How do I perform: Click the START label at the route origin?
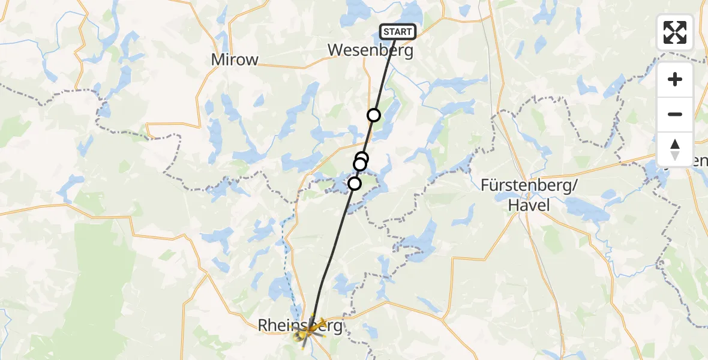point(397,32)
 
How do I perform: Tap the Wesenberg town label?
point(370,51)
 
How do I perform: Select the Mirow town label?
point(235,59)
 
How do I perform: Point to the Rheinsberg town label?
point(300,326)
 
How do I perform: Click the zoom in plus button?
point(675,79)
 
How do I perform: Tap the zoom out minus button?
point(675,114)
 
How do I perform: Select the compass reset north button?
point(675,149)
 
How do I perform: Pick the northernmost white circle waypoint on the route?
point(374,115)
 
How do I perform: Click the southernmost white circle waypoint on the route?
point(355,184)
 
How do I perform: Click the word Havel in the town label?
point(528,205)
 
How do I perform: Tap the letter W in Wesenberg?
point(335,51)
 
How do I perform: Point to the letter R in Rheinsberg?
point(263,326)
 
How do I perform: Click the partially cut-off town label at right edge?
point(700,161)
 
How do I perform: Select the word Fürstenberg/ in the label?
point(529,186)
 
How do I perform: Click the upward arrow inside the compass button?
point(675,144)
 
